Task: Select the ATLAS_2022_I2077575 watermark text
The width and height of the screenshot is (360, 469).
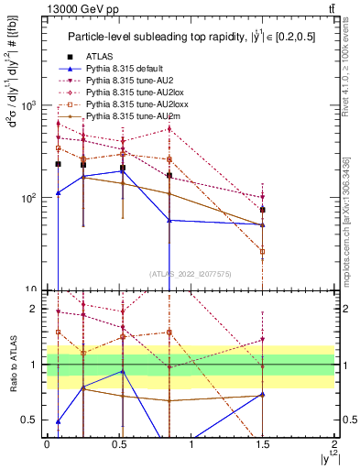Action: coord(191,273)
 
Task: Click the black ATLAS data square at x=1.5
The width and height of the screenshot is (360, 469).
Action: coord(263,210)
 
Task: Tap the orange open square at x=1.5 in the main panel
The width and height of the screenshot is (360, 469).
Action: coord(263,251)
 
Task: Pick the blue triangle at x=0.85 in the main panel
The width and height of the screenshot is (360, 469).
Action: coord(169,220)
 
